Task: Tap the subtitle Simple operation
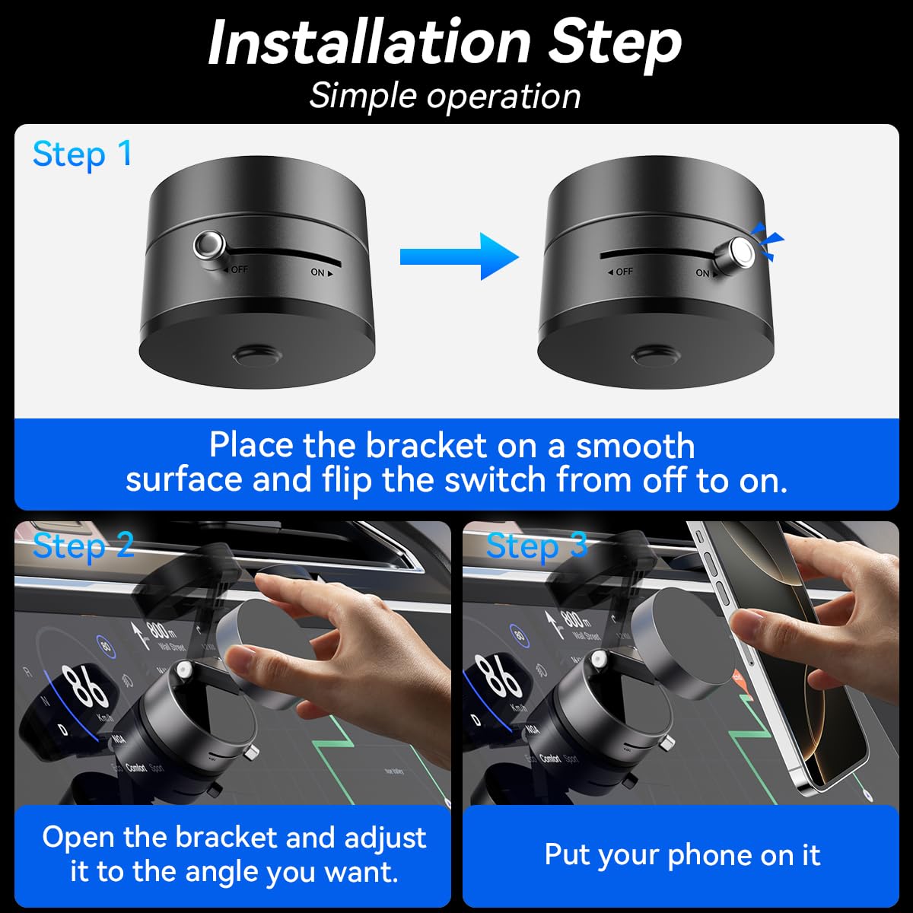(445, 97)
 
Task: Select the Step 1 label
(82, 154)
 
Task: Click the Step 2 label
(84, 546)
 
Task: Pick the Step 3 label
(536, 546)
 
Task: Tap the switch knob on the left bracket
(208, 246)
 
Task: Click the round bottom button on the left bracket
(256, 355)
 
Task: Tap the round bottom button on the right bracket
(655, 355)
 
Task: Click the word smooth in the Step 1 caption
(635, 446)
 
